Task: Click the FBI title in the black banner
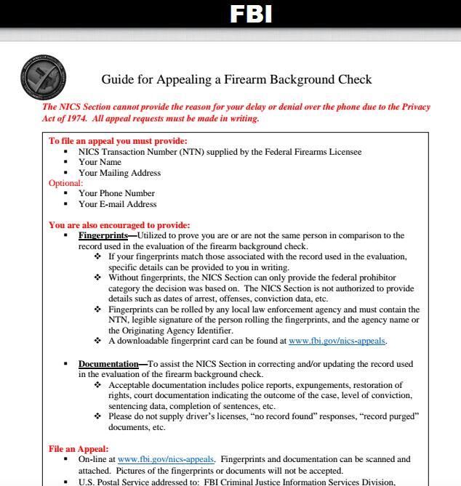click(x=251, y=14)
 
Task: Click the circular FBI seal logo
click(x=43, y=76)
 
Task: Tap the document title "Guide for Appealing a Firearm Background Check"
click(x=236, y=79)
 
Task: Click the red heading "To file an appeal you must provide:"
click(x=118, y=141)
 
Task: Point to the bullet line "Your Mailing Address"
click(x=119, y=173)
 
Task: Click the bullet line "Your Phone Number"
click(x=116, y=193)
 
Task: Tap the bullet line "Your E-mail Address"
click(x=117, y=204)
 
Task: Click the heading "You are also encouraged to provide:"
click(x=119, y=225)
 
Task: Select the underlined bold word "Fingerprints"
click(x=103, y=235)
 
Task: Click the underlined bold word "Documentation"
click(x=108, y=364)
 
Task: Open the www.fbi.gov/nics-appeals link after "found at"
click(x=337, y=341)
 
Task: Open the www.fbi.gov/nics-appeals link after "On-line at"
click(x=166, y=459)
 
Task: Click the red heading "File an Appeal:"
click(x=79, y=449)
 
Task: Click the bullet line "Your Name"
click(x=100, y=162)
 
